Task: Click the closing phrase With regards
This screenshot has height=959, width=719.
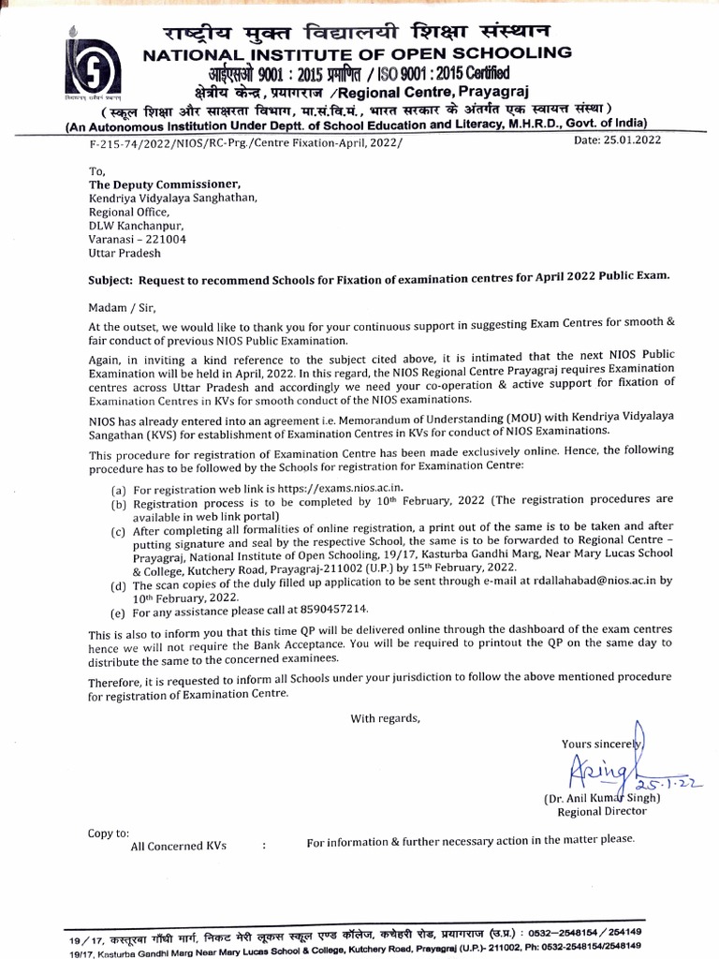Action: click(386, 719)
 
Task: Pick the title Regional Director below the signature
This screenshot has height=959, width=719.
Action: click(602, 811)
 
